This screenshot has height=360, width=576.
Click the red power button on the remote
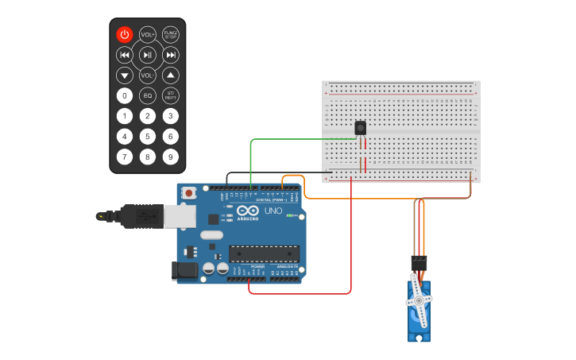click(124, 34)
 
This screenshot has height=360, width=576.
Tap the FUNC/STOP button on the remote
click(171, 34)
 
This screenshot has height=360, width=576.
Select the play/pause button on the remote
click(148, 55)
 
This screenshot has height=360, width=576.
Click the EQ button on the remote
click(148, 95)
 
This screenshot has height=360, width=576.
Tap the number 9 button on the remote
click(171, 157)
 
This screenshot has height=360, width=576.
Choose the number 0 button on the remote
click(124, 95)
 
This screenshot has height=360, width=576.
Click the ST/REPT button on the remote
click(171, 95)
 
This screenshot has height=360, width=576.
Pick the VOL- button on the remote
click(148, 75)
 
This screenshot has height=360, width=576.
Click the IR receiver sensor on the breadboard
click(360, 128)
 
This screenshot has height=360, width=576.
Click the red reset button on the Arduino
click(189, 193)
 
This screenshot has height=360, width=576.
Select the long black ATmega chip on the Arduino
click(264, 254)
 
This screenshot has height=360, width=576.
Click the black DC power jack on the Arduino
click(185, 270)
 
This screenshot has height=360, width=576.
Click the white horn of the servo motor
click(419, 300)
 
